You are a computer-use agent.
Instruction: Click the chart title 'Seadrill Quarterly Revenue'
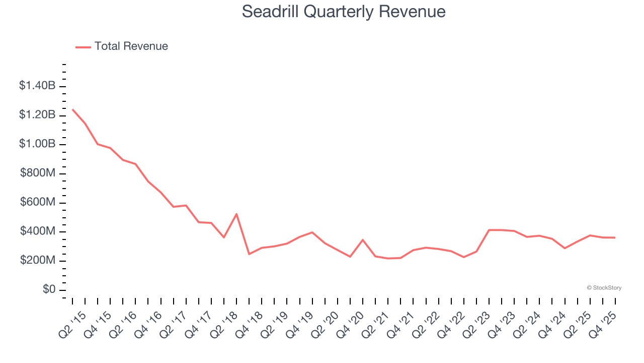(x=344, y=12)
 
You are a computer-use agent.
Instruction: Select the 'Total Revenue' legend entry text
(x=131, y=46)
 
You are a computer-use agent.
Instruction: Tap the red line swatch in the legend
(x=83, y=47)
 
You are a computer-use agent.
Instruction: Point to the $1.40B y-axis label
(x=37, y=86)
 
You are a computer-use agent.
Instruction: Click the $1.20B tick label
(x=37, y=115)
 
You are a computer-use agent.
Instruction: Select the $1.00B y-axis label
(x=37, y=144)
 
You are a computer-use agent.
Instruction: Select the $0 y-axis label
(x=49, y=290)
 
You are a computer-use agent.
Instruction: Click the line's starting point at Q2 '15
(x=72, y=109)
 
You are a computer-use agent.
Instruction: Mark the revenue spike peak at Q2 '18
(x=236, y=214)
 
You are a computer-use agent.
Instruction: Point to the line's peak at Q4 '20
(x=363, y=240)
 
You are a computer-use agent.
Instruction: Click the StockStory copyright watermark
(x=604, y=288)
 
